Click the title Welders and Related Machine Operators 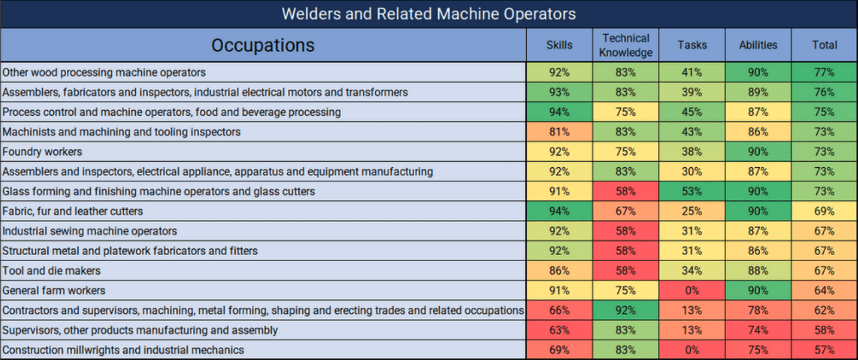[x=428, y=14]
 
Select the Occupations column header [x=263, y=45]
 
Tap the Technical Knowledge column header [x=626, y=45]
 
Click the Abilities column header [x=758, y=45]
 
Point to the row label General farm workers [x=54, y=290]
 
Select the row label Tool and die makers [x=52, y=270]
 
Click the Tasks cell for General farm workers [x=692, y=290]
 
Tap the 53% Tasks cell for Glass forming [x=692, y=191]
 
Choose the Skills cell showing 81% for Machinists [x=559, y=132]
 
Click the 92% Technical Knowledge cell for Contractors [x=626, y=310]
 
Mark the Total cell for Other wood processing [x=824, y=72]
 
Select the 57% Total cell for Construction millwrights [x=824, y=350]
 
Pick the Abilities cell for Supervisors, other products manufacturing [x=758, y=330]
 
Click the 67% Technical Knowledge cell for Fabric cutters [x=626, y=211]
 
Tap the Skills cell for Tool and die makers [x=559, y=270]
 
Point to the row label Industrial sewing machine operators [x=90, y=231]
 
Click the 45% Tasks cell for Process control [x=692, y=112]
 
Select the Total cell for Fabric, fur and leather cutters [x=824, y=211]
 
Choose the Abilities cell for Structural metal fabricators [x=758, y=251]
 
